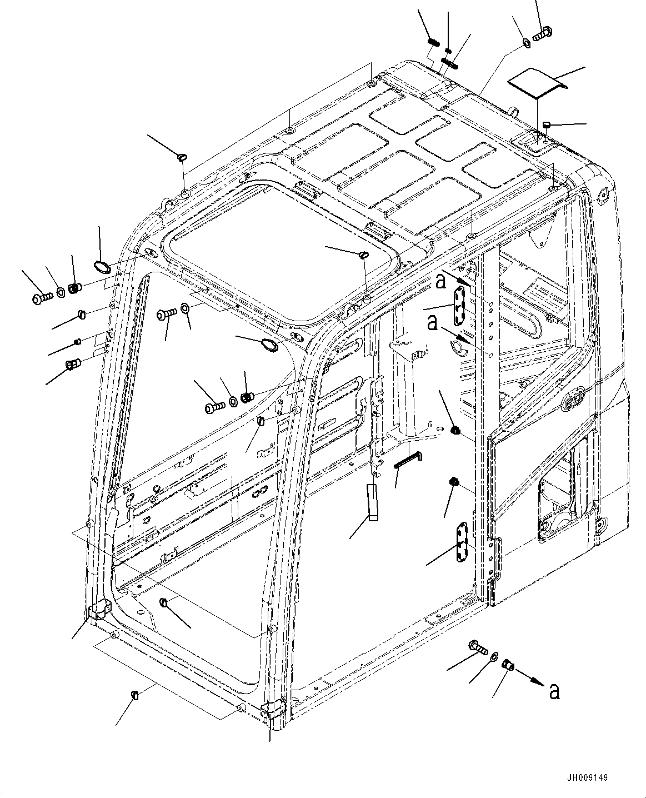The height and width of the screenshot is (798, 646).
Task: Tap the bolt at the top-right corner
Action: click(542, 33)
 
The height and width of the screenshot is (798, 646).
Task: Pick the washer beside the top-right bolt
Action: click(525, 42)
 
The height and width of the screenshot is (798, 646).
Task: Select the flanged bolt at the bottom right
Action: click(478, 646)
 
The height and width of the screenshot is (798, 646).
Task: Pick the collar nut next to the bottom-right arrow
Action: click(508, 664)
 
